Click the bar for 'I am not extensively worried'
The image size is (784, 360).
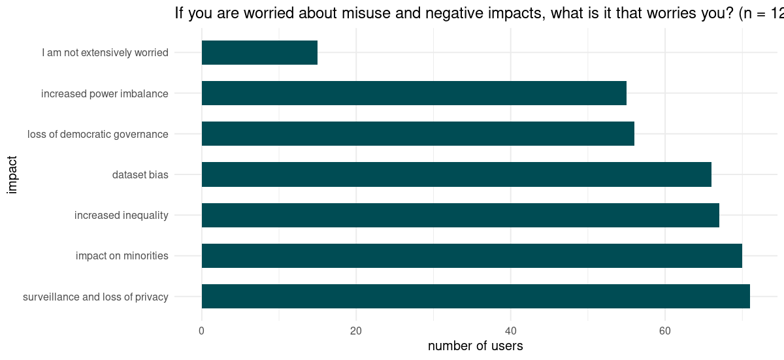click(x=259, y=52)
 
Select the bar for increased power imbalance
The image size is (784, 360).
click(x=414, y=93)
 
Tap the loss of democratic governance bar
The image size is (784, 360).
click(x=417, y=134)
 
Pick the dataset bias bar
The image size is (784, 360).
click(x=456, y=174)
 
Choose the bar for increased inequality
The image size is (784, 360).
click(x=460, y=215)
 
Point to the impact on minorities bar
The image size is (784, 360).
click(x=472, y=255)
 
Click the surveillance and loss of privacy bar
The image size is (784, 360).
click(x=476, y=296)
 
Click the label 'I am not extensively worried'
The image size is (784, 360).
click(x=105, y=52)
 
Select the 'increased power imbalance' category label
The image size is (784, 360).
click(x=105, y=93)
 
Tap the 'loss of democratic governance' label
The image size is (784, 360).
click(x=98, y=134)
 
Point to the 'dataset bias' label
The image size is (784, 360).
click(x=140, y=174)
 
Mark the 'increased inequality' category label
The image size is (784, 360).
click(x=121, y=215)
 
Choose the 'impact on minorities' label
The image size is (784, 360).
click(x=122, y=255)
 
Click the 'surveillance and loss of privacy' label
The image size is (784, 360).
click(x=95, y=297)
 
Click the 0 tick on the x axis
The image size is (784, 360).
click(x=201, y=331)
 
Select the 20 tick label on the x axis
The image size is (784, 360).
click(x=356, y=331)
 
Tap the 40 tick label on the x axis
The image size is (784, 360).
click(x=510, y=331)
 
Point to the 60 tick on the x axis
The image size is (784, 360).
click(x=664, y=331)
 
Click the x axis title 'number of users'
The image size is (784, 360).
click(x=475, y=346)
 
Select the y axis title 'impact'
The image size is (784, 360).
click(x=12, y=174)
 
